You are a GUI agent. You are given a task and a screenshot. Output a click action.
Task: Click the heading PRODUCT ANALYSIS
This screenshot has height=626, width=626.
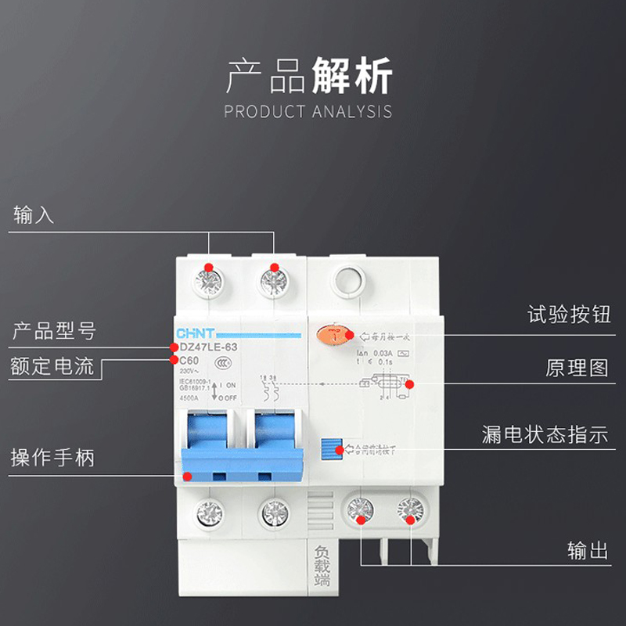click(x=308, y=111)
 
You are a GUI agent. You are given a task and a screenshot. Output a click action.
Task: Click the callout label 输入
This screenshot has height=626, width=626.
click(x=34, y=215)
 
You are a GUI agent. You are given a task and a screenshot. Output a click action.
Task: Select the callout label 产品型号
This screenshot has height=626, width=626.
click(x=54, y=331)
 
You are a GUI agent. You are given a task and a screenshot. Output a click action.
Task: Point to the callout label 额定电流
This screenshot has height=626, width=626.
click(x=52, y=366)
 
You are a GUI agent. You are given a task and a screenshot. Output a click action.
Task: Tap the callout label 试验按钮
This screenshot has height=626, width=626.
click(x=569, y=315)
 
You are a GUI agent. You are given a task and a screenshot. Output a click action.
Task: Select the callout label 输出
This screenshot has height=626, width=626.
click(x=588, y=551)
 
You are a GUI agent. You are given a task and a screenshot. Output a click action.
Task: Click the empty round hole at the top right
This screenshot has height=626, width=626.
click(x=347, y=280)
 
